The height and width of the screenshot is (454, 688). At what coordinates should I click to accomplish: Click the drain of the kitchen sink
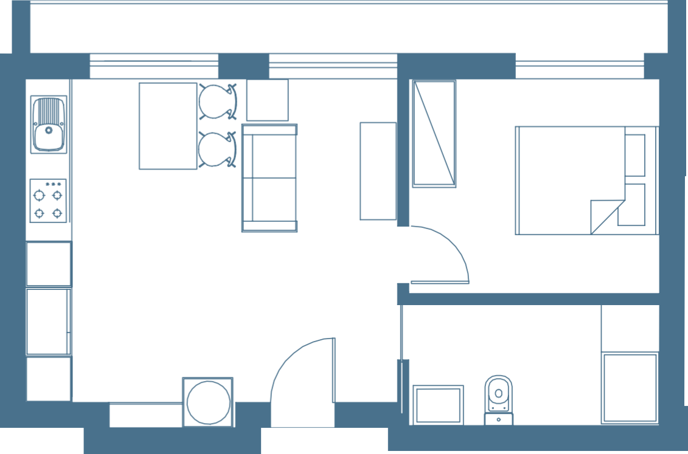(49, 129)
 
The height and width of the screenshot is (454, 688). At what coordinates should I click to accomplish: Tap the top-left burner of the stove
(40, 195)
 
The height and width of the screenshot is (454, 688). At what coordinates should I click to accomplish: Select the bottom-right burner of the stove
(57, 213)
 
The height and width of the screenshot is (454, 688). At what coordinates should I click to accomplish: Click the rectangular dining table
(168, 126)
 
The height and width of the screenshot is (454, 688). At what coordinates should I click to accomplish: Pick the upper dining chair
(217, 100)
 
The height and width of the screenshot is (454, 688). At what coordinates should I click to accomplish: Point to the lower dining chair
(217, 149)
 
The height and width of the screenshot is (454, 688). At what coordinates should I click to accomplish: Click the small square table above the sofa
(267, 100)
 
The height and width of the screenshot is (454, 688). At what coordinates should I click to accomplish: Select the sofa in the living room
(269, 177)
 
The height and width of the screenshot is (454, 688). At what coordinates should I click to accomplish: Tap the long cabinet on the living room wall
(377, 171)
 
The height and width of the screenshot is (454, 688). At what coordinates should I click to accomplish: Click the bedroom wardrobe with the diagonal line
(434, 134)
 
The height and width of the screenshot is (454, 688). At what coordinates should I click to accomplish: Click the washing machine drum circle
(207, 402)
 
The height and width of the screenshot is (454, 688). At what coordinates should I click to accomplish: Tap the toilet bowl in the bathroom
(498, 392)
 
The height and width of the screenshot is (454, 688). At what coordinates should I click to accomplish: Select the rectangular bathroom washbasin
(437, 405)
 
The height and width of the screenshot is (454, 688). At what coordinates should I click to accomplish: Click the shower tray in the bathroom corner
(630, 388)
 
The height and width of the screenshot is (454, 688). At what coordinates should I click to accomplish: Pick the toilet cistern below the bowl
(498, 419)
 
